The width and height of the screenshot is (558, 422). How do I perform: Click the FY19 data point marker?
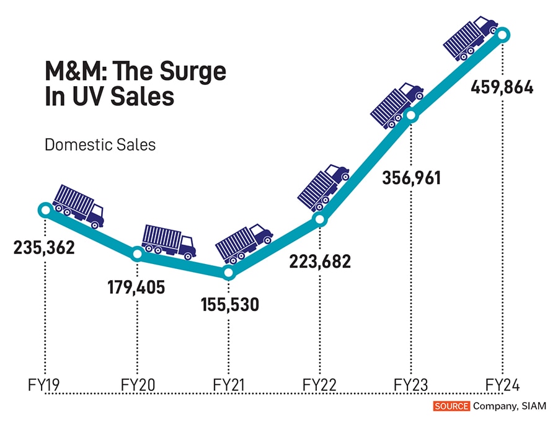[x=45, y=210]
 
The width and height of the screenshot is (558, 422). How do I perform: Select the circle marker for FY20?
[x=137, y=254]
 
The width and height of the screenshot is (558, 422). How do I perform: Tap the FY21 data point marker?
[x=228, y=273]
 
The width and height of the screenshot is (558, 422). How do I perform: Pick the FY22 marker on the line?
[x=319, y=219]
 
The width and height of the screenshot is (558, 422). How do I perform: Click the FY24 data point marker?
[x=502, y=35]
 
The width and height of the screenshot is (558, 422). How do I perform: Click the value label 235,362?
[x=44, y=248]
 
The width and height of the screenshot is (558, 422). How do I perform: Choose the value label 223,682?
[x=320, y=261]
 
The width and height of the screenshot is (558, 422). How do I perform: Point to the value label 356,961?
[x=410, y=178]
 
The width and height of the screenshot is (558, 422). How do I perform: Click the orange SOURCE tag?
[x=452, y=407]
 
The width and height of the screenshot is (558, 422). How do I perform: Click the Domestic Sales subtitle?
[x=100, y=145]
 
